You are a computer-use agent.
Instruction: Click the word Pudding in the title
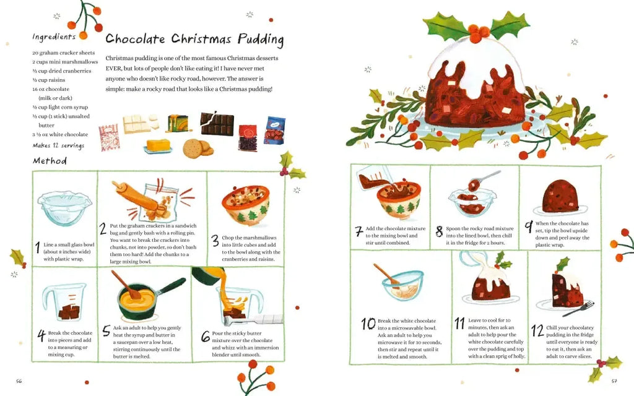[261, 40]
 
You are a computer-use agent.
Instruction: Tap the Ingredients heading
[54, 37]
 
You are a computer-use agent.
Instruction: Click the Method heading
[50, 161]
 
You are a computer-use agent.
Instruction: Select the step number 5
[106, 331]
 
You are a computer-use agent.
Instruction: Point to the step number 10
[368, 324]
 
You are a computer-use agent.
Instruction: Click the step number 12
[537, 330]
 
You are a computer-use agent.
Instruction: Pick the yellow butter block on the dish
[158, 145]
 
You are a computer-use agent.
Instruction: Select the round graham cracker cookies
[198, 148]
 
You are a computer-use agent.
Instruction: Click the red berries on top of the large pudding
[479, 33]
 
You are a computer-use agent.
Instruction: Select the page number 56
[19, 381]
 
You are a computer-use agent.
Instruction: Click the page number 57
[614, 381]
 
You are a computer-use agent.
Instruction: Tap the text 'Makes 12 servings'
[59, 145]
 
